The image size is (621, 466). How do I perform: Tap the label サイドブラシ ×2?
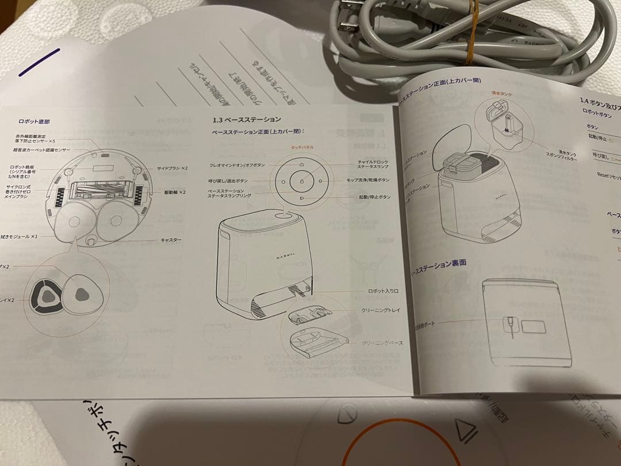pos(172,169)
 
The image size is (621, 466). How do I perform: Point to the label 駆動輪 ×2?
pos(174,192)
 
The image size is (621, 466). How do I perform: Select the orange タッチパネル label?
pos(302,147)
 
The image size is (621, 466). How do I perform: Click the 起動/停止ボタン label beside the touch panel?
pos(374,197)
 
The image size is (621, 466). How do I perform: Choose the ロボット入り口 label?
pos(383,292)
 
